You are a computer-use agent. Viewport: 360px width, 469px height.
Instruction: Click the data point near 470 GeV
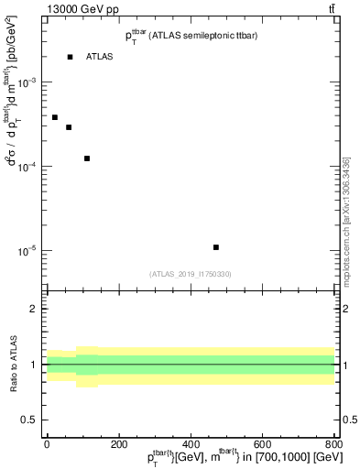tap(215, 247)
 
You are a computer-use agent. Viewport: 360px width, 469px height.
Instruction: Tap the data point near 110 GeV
tap(87, 158)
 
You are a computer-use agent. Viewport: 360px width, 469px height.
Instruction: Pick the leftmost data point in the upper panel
tap(55, 117)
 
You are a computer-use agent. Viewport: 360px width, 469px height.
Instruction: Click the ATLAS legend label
tap(99, 57)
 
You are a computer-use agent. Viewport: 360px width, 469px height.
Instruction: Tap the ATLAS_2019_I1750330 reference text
tap(190, 274)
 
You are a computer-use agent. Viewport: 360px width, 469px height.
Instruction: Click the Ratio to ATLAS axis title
tap(13, 365)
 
